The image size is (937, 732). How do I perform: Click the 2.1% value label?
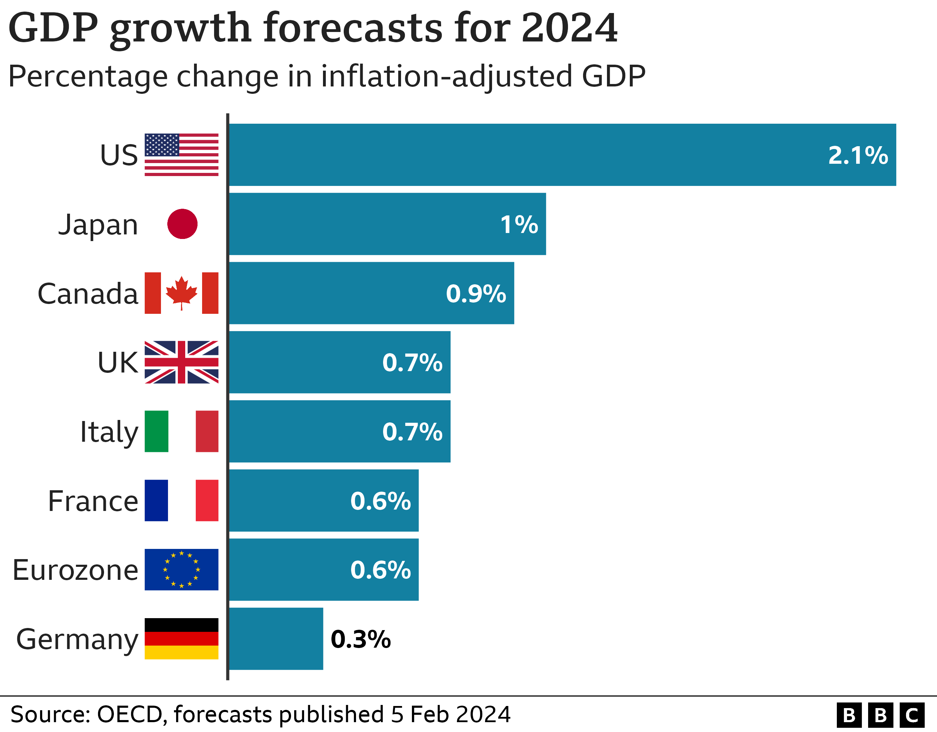(858, 155)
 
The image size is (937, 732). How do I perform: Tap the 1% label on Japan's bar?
(519, 225)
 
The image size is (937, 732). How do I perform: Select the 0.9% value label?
(476, 294)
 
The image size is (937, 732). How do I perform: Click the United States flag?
(181, 155)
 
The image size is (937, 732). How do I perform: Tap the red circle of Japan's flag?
(182, 224)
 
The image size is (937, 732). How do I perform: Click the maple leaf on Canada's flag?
(181, 292)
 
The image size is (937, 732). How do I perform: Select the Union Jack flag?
(181, 362)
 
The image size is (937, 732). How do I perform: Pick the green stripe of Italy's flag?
(156, 431)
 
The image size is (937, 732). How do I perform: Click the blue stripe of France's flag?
(156, 500)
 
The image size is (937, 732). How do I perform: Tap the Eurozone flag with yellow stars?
(181, 569)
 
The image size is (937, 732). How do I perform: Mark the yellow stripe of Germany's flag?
(181, 653)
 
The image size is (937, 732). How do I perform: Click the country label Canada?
(88, 294)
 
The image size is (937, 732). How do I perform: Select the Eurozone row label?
(76, 570)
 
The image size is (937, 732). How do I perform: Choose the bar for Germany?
(276, 639)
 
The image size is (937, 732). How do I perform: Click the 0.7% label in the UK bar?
(412, 363)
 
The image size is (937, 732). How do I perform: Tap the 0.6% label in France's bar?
(381, 501)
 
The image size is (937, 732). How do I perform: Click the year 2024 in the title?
(569, 28)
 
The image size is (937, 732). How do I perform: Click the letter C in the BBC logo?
(912, 715)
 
